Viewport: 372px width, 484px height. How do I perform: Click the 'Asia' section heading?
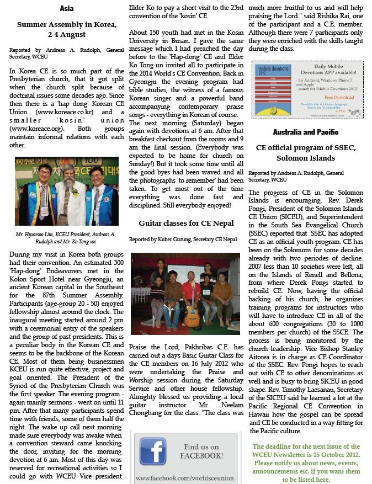point(66,9)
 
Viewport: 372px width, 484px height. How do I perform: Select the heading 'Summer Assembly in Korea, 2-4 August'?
point(66,30)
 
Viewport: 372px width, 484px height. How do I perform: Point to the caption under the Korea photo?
point(66,238)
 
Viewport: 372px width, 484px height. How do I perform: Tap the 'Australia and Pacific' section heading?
point(306,132)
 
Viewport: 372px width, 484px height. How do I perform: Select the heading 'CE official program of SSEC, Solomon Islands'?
point(306,153)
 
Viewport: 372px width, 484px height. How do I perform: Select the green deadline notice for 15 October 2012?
point(306,462)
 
